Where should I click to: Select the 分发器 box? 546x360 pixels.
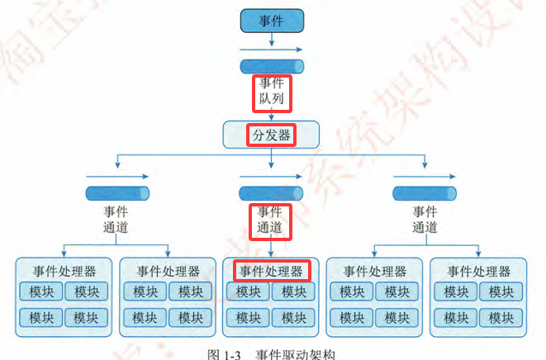[x=272, y=135]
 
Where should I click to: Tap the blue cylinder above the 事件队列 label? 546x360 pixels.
[x=272, y=66]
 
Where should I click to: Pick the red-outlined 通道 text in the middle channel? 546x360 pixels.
[x=272, y=226]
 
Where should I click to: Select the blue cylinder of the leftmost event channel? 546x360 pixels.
[x=116, y=193]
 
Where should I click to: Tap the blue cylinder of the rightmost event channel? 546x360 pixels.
[x=425, y=193]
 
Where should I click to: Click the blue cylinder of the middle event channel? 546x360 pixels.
[x=272, y=193]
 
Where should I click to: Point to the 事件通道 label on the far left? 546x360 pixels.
[x=116, y=219]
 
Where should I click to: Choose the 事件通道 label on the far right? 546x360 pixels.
[x=425, y=219]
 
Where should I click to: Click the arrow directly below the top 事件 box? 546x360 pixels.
[x=272, y=49]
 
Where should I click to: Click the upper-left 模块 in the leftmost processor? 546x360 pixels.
[x=42, y=291]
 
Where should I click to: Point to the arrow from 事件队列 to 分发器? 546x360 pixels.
[x=272, y=115]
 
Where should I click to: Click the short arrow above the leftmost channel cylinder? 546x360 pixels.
[x=116, y=176]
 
